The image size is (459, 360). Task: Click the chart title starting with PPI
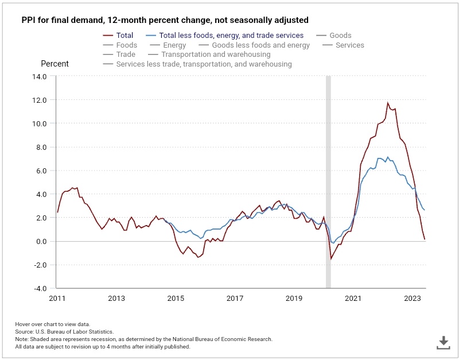click(x=165, y=20)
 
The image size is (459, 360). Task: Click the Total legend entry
click(x=125, y=36)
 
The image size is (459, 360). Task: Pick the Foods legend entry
click(x=126, y=45)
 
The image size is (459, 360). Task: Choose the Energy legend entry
click(x=174, y=45)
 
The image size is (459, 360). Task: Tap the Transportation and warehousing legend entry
click(x=216, y=55)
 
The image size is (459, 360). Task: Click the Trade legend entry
click(x=126, y=55)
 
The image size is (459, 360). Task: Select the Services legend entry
click(x=350, y=45)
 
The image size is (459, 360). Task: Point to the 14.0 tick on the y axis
click(x=39, y=76)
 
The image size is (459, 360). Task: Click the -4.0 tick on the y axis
click(x=39, y=288)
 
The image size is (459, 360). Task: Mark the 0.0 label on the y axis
click(x=41, y=241)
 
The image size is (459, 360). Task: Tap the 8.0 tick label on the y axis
click(x=41, y=147)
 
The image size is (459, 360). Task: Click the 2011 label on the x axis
click(x=57, y=299)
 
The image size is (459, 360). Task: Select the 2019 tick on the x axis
click(x=294, y=299)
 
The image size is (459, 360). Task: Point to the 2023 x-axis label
click(x=412, y=299)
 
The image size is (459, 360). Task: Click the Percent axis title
click(x=55, y=64)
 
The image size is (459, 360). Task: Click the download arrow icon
click(x=443, y=343)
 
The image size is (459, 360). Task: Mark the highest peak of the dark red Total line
click(x=388, y=103)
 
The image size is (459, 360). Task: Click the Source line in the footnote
click(x=64, y=332)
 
